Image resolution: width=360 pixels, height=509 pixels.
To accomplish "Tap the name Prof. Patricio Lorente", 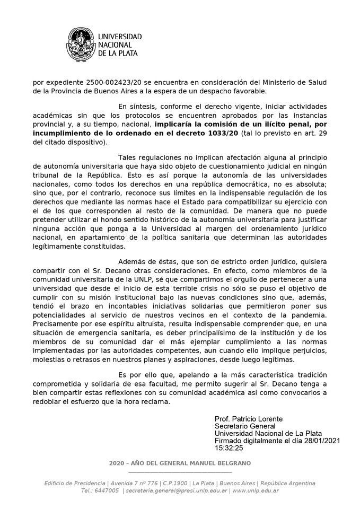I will (x=249, y=419).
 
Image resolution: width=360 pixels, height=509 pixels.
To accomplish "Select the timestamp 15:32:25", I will (x=229, y=447).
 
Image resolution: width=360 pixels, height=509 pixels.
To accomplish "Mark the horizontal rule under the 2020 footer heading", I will (x=180, y=471).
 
